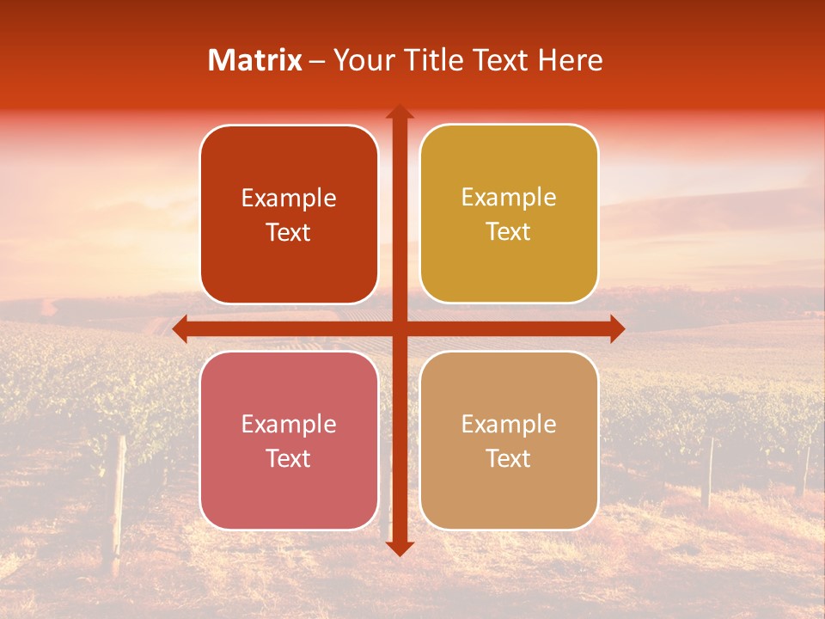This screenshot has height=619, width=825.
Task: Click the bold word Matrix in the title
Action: click(x=254, y=60)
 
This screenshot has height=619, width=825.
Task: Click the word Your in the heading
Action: click(x=360, y=60)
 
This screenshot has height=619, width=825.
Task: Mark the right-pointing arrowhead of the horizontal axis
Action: click(x=616, y=328)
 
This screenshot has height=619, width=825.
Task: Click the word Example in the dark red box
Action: click(x=289, y=199)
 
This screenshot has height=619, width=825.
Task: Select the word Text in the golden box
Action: click(x=509, y=232)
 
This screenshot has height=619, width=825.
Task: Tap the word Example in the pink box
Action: click(x=289, y=424)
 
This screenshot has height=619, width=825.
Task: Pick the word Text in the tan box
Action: click(x=509, y=458)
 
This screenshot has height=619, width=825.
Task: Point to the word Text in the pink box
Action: click(x=289, y=458)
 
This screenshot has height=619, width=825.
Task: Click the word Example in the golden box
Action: click(x=509, y=198)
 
